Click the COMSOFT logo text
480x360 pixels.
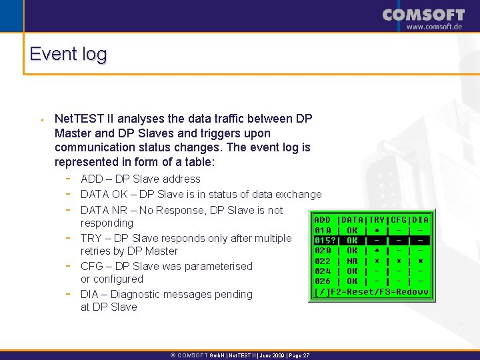click(424, 15)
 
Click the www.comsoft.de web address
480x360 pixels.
click(434, 27)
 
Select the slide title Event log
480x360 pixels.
click(68, 54)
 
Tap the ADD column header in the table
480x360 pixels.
click(322, 220)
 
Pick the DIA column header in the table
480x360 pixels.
click(421, 220)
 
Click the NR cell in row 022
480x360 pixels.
click(351, 261)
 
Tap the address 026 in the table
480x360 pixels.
click(323, 282)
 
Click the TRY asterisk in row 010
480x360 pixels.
click(377, 231)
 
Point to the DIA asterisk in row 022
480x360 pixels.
click(421, 261)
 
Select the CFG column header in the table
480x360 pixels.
click(399, 220)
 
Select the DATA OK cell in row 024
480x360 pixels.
click(351, 272)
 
